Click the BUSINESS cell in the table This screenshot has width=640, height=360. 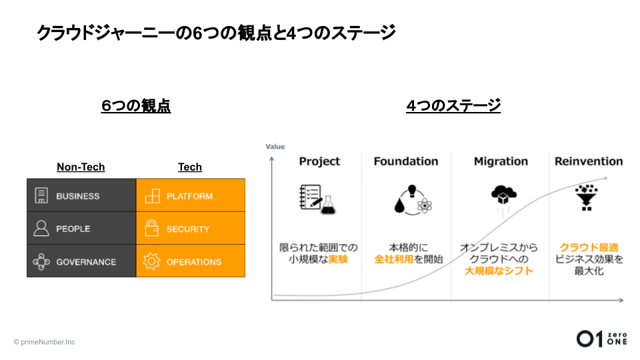tap(81, 195)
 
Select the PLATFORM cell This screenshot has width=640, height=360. tap(191, 195)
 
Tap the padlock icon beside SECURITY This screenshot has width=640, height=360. tap(151, 228)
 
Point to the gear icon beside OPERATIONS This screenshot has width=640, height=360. tap(151, 261)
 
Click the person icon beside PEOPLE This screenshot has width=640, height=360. tap(41, 229)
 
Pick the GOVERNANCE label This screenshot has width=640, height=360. tap(86, 262)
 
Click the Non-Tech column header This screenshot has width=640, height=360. tap(81, 167)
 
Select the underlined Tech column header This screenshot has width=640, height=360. tap(190, 167)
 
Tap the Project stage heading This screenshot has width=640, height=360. tap(319, 161)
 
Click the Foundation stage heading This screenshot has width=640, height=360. tap(406, 161)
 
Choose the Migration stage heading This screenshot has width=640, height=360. tap(501, 161)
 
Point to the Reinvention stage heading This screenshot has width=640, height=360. tap(589, 161)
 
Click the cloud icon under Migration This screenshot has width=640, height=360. tap(504, 195)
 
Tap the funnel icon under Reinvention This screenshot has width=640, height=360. tap(587, 197)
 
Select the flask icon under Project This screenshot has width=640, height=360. tap(328, 205)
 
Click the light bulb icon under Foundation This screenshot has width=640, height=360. tap(412, 191)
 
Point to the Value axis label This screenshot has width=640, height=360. tap(275, 147)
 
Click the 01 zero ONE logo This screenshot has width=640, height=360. tap(602, 339)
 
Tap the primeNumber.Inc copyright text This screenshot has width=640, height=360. tap(45, 342)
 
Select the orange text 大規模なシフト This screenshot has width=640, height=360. tap(499, 271)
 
